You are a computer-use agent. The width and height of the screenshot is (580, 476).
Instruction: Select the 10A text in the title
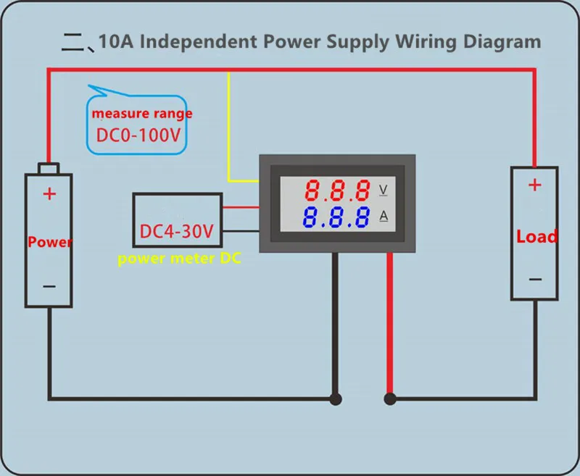(116, 41)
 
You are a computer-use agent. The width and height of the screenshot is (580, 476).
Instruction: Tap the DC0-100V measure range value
(137, 135)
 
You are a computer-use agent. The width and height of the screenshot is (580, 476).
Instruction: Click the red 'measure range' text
(141, 113)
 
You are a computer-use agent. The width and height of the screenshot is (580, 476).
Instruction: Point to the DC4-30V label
(177, 232)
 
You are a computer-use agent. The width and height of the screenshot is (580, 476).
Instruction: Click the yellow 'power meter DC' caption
(179, 259)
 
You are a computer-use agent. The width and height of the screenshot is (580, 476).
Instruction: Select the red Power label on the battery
(49, 241)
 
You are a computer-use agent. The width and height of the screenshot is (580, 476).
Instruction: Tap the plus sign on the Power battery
(49, 194)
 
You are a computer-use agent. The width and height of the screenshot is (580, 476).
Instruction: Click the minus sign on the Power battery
(49, 286)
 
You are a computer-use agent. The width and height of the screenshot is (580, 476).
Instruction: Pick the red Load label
(536, 236)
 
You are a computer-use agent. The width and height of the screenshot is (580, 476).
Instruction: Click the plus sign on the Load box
(534, 185)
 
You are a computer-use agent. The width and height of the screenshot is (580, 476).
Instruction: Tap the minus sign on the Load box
(534, 279)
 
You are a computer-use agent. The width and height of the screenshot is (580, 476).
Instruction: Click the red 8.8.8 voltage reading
(337, 191)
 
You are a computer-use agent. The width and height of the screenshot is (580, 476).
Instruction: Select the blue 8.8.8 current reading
(337, 217)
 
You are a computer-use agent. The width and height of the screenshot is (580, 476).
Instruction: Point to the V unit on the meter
(384, 191)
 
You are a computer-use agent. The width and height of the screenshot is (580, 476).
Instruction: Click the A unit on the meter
(384, 217)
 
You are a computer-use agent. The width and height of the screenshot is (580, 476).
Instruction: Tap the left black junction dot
(335, 398)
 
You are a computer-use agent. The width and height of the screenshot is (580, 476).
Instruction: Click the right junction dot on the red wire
(390, 398)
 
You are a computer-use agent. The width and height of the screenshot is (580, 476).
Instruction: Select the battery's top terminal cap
(49, 168)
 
